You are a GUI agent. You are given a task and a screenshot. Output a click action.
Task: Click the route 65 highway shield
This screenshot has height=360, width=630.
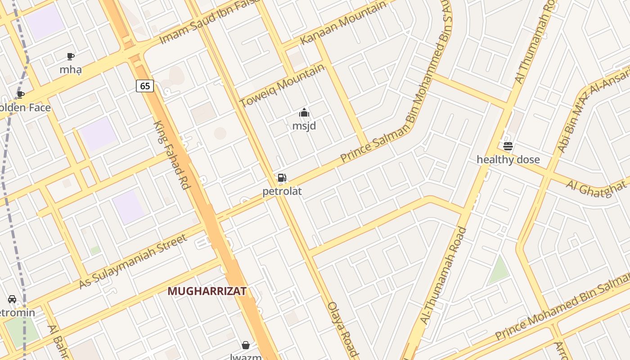click(145, 85)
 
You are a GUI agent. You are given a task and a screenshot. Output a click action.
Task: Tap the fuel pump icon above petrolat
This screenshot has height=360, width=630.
click(282, 178)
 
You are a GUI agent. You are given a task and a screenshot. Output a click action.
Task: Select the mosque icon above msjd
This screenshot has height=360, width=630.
click(304, 112)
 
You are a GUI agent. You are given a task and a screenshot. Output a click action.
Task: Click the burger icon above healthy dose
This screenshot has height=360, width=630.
click(508, 146)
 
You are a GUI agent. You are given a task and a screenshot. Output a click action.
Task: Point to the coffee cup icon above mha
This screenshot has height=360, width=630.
click(71, 56)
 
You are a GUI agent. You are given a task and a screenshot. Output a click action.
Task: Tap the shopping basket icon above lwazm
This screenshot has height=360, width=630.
click(246, 345)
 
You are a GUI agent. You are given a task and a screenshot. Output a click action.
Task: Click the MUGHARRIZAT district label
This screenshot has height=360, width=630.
click(207, 291)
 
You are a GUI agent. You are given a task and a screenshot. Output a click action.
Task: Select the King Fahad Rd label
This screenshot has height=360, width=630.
click(171, 155)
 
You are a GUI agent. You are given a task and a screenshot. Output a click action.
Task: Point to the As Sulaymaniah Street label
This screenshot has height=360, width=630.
click(133, 261)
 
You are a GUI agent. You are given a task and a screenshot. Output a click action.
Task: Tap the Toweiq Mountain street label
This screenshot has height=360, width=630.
click(282, 85)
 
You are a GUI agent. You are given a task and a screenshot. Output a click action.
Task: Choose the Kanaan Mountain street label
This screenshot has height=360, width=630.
click(343, 22)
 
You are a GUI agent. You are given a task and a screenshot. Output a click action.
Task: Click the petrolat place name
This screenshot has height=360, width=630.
click(282, 191)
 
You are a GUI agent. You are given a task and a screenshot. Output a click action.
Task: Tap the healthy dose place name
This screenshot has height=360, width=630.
click(508, 160)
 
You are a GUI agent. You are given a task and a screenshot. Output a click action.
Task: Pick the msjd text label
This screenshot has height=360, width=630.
click(304, 126)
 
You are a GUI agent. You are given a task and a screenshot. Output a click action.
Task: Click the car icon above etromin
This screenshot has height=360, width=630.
click(12, 299)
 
